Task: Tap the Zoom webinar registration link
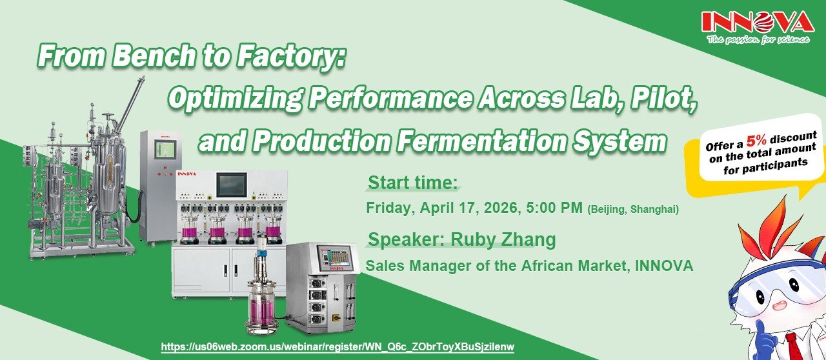click(337, 346)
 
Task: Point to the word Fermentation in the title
click(481, 141)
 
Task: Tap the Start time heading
click(413, 183)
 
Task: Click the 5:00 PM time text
click(554, 208)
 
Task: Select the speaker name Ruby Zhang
click(503, 239)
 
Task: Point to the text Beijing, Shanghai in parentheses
click(633, 210)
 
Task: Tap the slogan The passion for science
click(758, 39)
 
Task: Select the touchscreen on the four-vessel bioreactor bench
click(231, 185)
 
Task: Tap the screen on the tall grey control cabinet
click(165, 150)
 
